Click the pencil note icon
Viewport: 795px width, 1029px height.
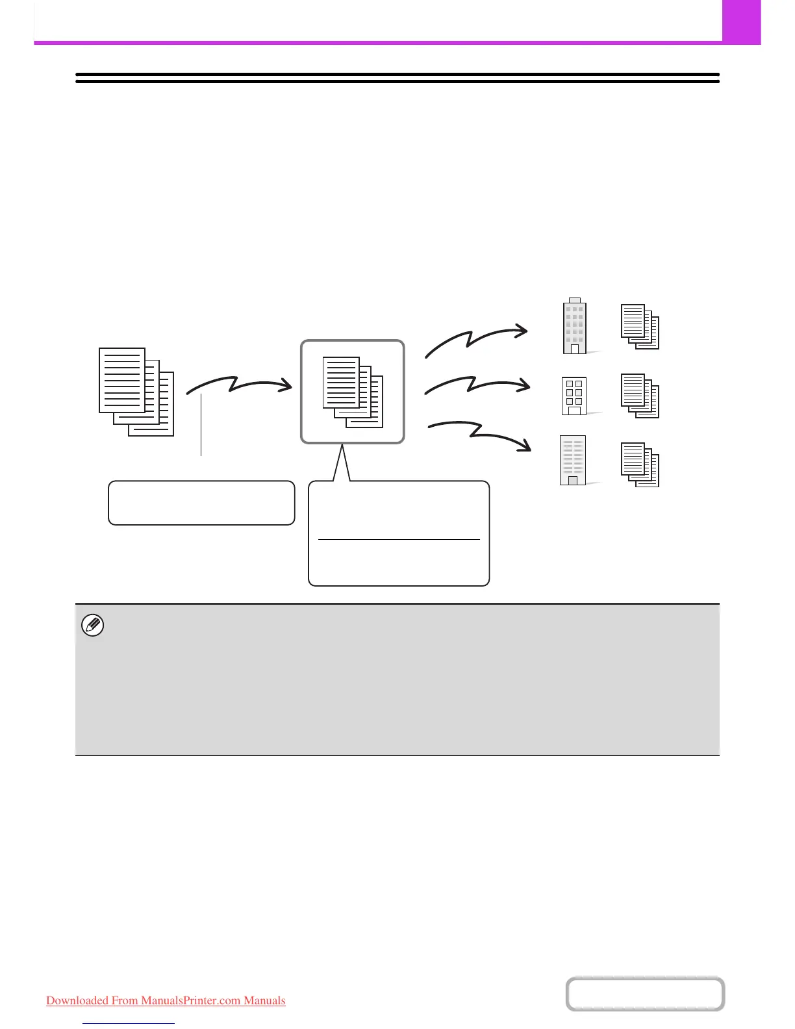93,626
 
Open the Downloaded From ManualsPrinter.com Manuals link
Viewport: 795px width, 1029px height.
166,1000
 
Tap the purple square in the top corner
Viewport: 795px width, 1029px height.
741,21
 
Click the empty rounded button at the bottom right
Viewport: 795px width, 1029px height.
645,994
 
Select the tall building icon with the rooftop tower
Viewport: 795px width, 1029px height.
575,326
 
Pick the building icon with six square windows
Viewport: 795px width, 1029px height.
574,395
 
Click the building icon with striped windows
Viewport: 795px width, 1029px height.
573,461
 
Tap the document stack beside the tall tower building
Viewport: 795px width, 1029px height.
640,326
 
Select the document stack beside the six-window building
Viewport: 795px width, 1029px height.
640,396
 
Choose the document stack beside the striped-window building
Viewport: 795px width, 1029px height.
640,464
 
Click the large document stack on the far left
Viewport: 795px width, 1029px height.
136,392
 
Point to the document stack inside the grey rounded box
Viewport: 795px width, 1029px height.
353,392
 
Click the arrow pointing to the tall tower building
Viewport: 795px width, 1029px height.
476,339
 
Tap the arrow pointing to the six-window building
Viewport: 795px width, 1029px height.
477,385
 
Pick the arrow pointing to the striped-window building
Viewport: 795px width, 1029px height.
481,433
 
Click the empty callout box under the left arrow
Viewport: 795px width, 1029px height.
201,502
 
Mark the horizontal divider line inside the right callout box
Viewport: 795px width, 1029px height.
399,539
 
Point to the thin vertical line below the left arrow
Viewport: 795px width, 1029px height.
201,426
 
